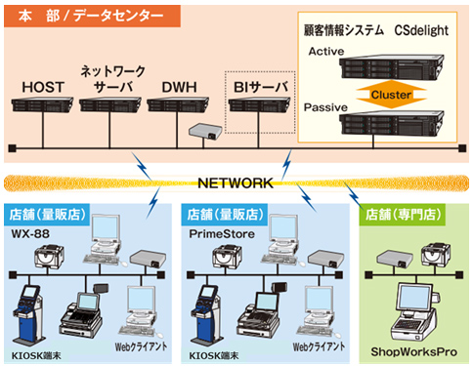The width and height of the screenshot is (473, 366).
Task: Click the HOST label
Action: coord(43,88)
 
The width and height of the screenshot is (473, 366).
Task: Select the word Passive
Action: coord(329,104)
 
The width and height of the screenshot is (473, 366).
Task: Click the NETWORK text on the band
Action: coord(235,183)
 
